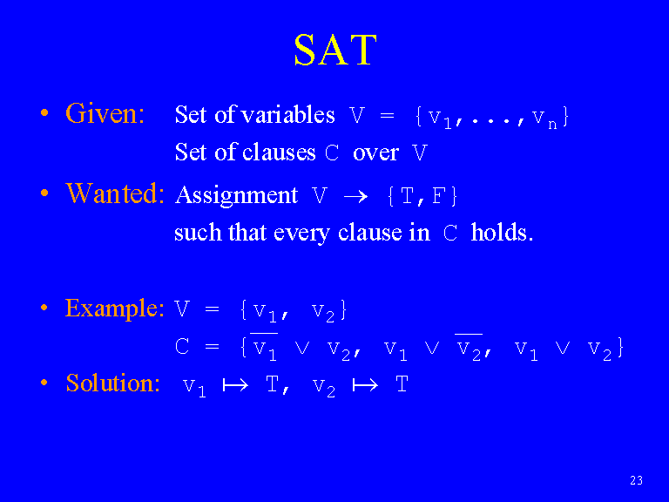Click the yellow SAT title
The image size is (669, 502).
pos(335,50)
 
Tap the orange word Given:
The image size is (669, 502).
pos(105,113)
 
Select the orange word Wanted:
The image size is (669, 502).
pos(115,193)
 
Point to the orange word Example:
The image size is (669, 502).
pos(114,309)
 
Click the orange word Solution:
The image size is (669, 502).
pos(113,383)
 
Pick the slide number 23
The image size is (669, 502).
pos(636,480)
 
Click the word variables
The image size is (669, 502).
pos(288,114)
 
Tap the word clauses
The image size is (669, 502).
pos(279,152)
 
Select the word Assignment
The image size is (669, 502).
pos(236,195)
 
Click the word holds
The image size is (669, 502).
pos(502,232)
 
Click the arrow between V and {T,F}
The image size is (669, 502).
pos(355,196)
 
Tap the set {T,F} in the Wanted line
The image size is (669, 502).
pos(422,196)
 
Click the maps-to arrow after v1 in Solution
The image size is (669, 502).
pos(235,385)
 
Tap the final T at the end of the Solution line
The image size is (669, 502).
pos(402,383)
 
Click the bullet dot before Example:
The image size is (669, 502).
pos(44,308)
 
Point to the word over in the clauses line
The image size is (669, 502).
pos(375,153)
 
